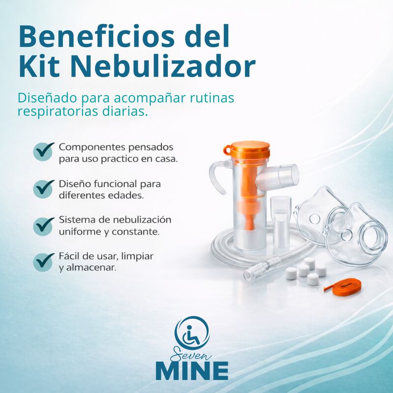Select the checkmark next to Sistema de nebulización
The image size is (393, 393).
pyautogui.click(x=44, y=225)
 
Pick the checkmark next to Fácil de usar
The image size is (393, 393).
pyautogui.click(x=44, y=261)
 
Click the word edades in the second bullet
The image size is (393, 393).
pyautogui.click(x=129, y=195)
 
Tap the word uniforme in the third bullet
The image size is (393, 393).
pyautogui.click(x=79, y=231)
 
